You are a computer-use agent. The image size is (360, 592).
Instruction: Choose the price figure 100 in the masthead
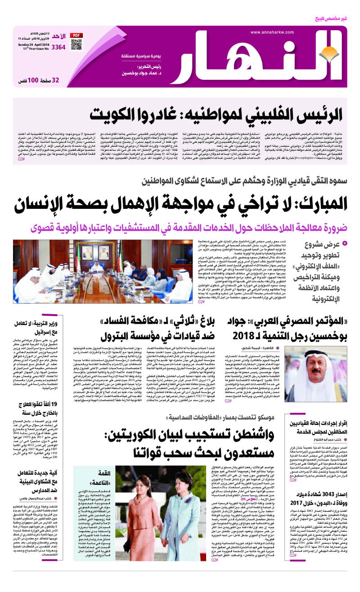pyautogui.click(x=34, y=81)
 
